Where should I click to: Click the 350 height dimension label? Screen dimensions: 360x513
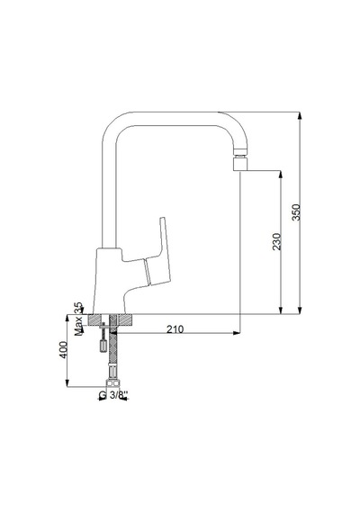click(x=296, y=212)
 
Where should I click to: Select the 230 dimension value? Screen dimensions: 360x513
click(x=277, y=241)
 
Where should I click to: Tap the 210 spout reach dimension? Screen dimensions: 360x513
click(x=175, y=329)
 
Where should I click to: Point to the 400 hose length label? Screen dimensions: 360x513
click(x=64, y=350)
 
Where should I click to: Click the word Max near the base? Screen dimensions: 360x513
click(x=78, y=326)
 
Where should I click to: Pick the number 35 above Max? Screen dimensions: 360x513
click(x=78, y=308)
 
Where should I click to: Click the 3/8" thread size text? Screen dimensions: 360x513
click(x=118, y=395)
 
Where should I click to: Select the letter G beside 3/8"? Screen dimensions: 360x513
click(x=103, y=395)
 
